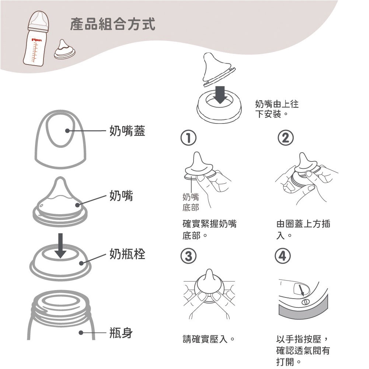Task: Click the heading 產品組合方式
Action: coord(112,24)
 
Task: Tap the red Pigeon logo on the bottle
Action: coord(37,40)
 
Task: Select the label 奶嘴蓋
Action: coord(127,130)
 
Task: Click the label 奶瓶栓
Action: coord(127,254)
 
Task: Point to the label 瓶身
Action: coord(121,333)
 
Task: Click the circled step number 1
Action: coord(188,138)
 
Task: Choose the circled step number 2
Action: coord(286,138)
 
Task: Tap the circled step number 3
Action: coord(188,256)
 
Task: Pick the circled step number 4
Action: coord(283,256)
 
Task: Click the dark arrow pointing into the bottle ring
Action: coord(60,246)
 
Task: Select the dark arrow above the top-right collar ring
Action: coord(220,95)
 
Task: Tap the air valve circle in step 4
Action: coord(306,302)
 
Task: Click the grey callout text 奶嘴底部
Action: coord(191,202)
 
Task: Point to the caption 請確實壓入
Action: coord(209,339)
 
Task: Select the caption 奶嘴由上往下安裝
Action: coord(277,109)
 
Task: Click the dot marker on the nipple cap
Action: coord(67,130)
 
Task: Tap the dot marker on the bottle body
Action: coord(81,333)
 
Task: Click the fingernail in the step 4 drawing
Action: coord(301,289)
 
